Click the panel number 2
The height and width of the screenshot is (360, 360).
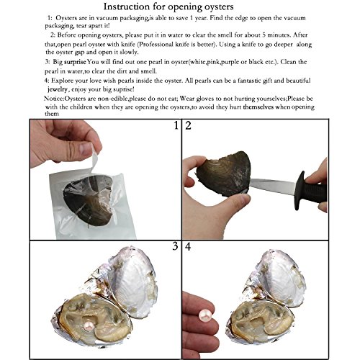(189, 128)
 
